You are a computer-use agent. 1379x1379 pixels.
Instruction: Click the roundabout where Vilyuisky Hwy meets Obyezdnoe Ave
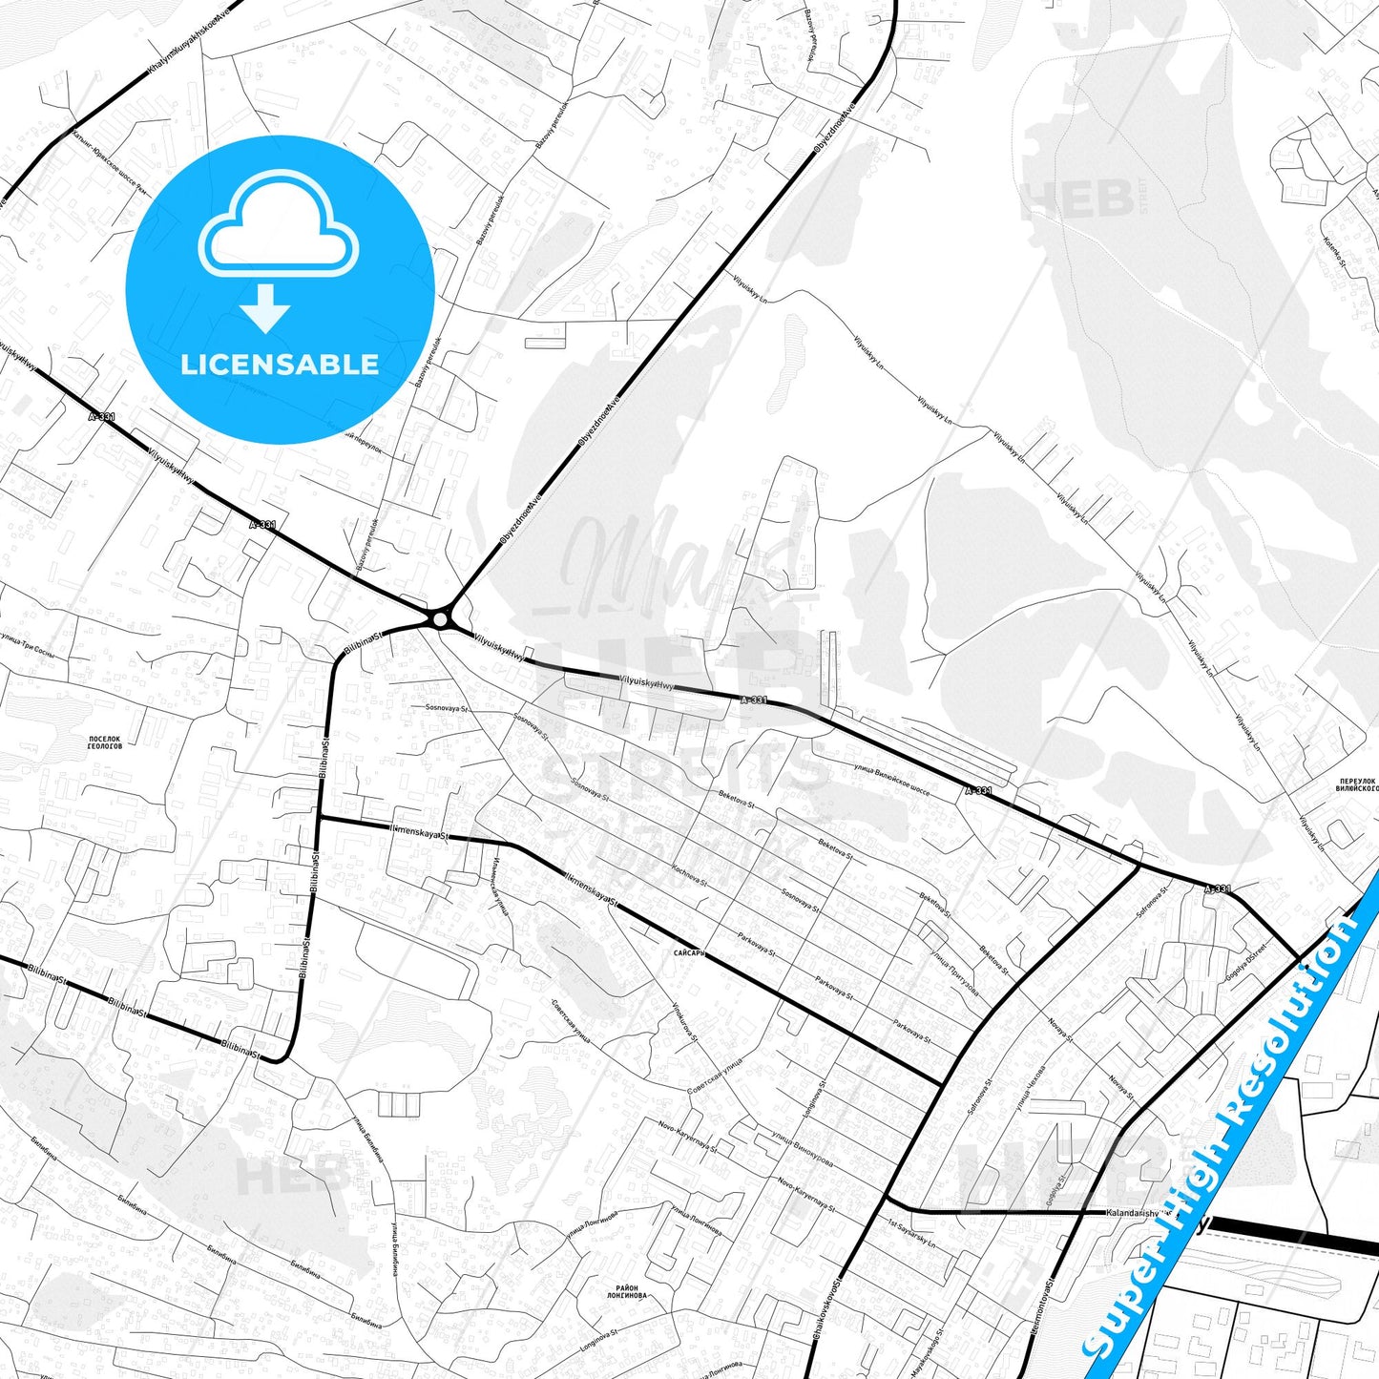(x=439, y=619)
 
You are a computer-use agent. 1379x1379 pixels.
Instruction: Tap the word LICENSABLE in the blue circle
(x=280, y=365)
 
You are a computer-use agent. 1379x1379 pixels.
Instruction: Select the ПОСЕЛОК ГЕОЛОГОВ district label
(x=105, y=742)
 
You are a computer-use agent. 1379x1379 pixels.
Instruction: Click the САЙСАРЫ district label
(x=688, y=952)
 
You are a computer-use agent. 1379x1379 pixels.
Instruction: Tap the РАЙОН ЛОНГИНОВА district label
(x=627, y=1291)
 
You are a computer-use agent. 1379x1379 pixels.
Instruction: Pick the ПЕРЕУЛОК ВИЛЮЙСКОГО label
(x=1356, y=785)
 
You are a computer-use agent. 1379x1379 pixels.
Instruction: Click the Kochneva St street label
(x=690, y=875)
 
